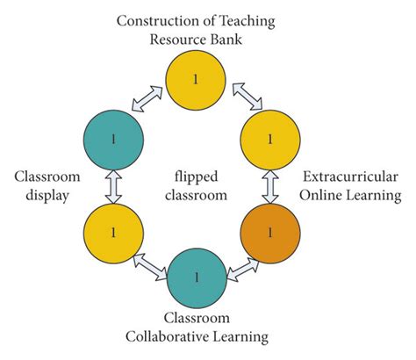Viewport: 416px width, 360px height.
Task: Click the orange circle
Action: click(270, 232)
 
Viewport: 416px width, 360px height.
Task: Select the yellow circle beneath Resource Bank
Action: click(195, 79)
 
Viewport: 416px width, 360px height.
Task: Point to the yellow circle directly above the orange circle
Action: click(270, 139)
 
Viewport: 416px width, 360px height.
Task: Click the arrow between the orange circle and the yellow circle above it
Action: click(270, 185)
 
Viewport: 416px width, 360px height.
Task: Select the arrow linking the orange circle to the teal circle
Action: click(236, 262)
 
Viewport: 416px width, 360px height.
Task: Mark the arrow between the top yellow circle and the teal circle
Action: click(150, 98)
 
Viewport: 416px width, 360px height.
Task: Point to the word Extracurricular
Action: click(348, 176)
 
